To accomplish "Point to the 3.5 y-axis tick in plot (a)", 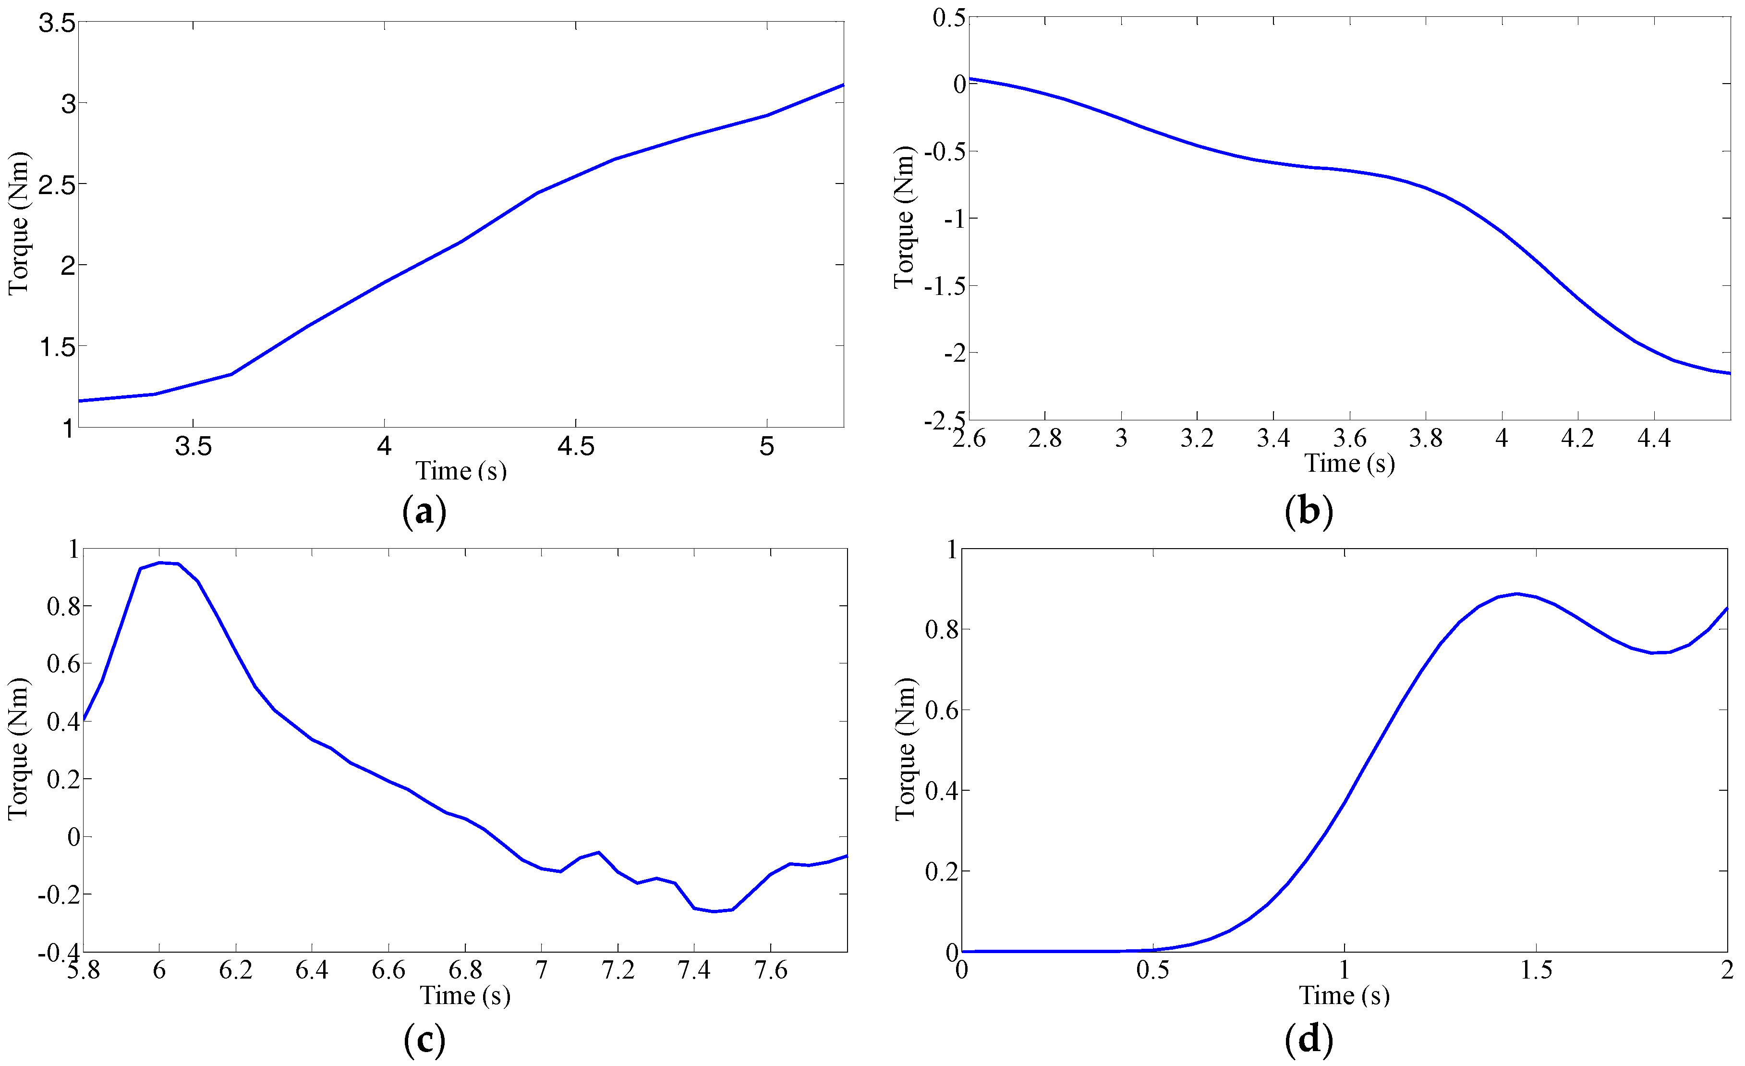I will pyautogui.click(x=57, y=24).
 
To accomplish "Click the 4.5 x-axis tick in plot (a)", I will pyautogui.click(x=576, y=446).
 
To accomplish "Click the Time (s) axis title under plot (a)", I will pyautogui.click(x=460, y=471).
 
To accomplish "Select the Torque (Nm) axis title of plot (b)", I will pyautogui.click(x=904, y=218).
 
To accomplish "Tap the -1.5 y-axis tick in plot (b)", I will pyautogui.click(x=945, y=286).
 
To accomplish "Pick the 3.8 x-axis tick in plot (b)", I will pyautogui.click(x=1426, y=439).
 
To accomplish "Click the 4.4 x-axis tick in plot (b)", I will pyautogui.click(x=1654, y=439).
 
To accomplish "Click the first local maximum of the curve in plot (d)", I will pyautogui.click(x=1516, y=594).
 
